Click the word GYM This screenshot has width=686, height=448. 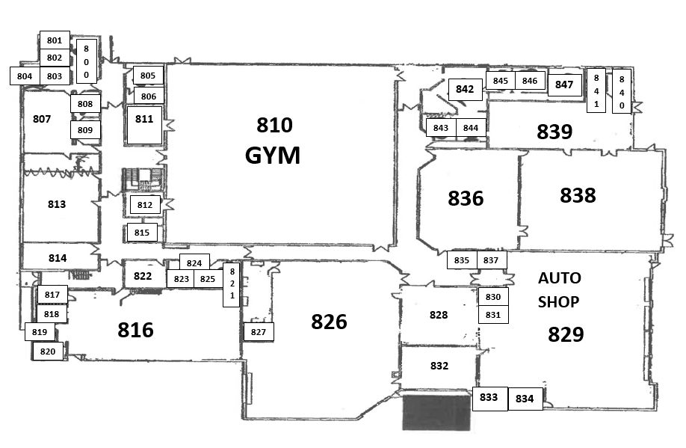click(273, 156)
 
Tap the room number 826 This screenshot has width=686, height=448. click(329, 322)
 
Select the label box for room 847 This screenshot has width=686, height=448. click(564, 85)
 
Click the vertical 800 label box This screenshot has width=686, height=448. click(87, 61)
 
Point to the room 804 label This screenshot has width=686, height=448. click(25, 76)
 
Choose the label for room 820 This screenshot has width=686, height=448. click(48, 352)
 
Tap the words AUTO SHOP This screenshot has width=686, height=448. click(559, 289)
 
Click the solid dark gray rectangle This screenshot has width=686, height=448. click(437, 411)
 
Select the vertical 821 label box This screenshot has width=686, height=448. click(232, 284)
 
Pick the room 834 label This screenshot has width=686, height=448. click(525, 399)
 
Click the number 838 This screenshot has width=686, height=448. click(578, 195)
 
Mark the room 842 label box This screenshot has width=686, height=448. click(465, 89)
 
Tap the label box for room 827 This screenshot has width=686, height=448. click(259, 332)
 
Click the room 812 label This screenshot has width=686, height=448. click(145, 204)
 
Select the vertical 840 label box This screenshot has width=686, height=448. click(621, 92)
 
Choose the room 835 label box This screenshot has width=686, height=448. click(462, 260)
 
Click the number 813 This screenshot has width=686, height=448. click(57, 204)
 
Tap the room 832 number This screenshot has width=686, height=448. click(439, 366)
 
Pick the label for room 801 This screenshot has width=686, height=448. click(54, 40)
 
